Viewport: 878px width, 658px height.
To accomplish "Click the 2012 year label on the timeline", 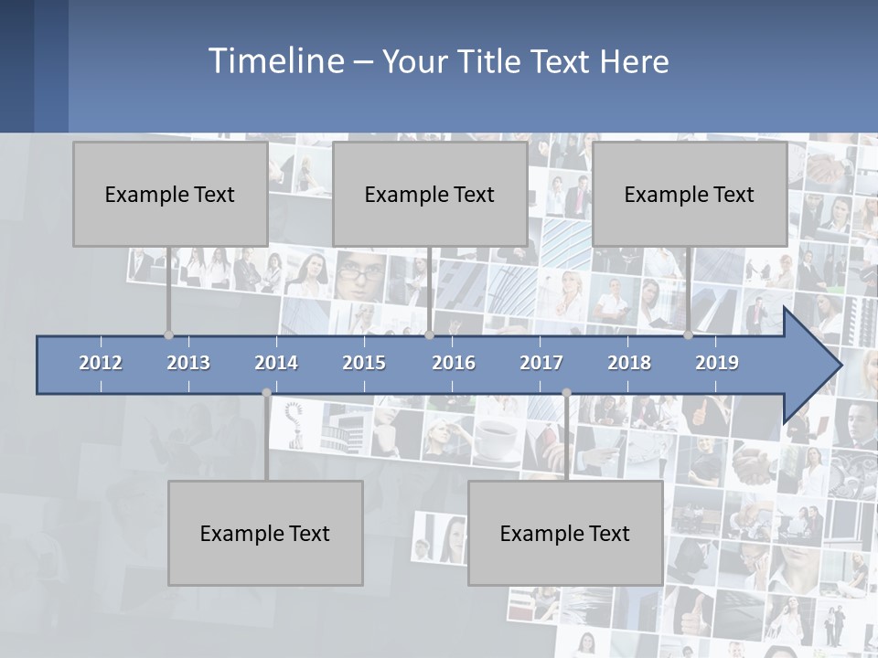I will coord(101,363).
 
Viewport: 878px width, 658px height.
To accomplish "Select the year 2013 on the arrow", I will coord(188,363).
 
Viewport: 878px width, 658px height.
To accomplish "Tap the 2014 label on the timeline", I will coord(276,363).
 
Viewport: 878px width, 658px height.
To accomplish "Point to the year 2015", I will coord(364,363).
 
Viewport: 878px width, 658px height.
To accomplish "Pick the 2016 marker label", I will coord(454,363).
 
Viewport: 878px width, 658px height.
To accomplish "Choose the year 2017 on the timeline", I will coord(541,363).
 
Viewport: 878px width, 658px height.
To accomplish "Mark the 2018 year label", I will coord(629,363).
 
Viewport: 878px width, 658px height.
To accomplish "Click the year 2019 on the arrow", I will coord(717,363).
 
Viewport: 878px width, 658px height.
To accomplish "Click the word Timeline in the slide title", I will coord(275,60).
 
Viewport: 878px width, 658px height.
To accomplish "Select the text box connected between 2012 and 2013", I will coord(170,194).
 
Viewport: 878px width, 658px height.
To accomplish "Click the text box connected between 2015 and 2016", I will coord(430,194).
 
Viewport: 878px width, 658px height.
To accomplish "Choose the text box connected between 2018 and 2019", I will coord(690,194).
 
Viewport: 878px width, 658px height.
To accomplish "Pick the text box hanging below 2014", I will coord(265,533).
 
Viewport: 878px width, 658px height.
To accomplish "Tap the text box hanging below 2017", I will coord(565,533).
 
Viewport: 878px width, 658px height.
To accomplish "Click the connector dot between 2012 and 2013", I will coord(168,335).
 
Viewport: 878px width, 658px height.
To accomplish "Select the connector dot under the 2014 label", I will coord(266,393).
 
